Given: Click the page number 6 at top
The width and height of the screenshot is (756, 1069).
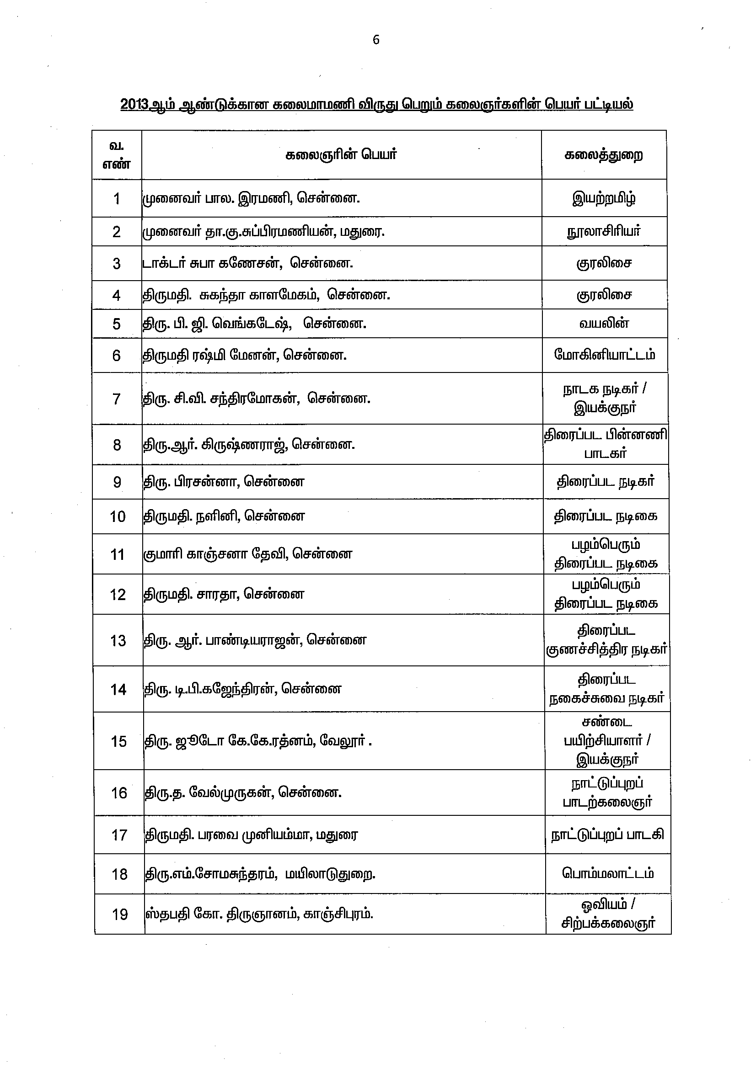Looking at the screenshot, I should point(376,40).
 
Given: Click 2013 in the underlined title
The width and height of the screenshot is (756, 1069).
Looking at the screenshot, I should point(134,104).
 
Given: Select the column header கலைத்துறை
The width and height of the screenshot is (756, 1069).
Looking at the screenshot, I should point(604,154).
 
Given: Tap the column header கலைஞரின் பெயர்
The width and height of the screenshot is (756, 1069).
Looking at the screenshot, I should point(341,154).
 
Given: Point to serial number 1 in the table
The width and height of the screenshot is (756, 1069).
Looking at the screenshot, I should point(117,199).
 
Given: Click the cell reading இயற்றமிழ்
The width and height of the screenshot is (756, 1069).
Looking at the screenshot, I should point(604,198).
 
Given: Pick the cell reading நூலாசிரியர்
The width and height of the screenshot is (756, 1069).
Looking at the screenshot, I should point(604,231).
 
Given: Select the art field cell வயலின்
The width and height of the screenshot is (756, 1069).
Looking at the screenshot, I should point(604,324).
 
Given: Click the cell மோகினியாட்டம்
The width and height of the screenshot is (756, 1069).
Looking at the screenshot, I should point(605,355).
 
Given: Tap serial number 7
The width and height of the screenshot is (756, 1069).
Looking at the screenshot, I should point(117,399).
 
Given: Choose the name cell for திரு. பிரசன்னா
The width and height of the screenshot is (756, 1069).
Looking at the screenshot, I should point(224,481).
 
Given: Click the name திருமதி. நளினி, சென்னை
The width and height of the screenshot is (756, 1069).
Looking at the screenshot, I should point(224,516).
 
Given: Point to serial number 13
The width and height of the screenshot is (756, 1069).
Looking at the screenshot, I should point(118,641).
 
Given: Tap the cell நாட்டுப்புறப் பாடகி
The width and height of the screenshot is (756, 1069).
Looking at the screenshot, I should point(607,835).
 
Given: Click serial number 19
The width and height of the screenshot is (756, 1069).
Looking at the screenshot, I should point(120,915).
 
